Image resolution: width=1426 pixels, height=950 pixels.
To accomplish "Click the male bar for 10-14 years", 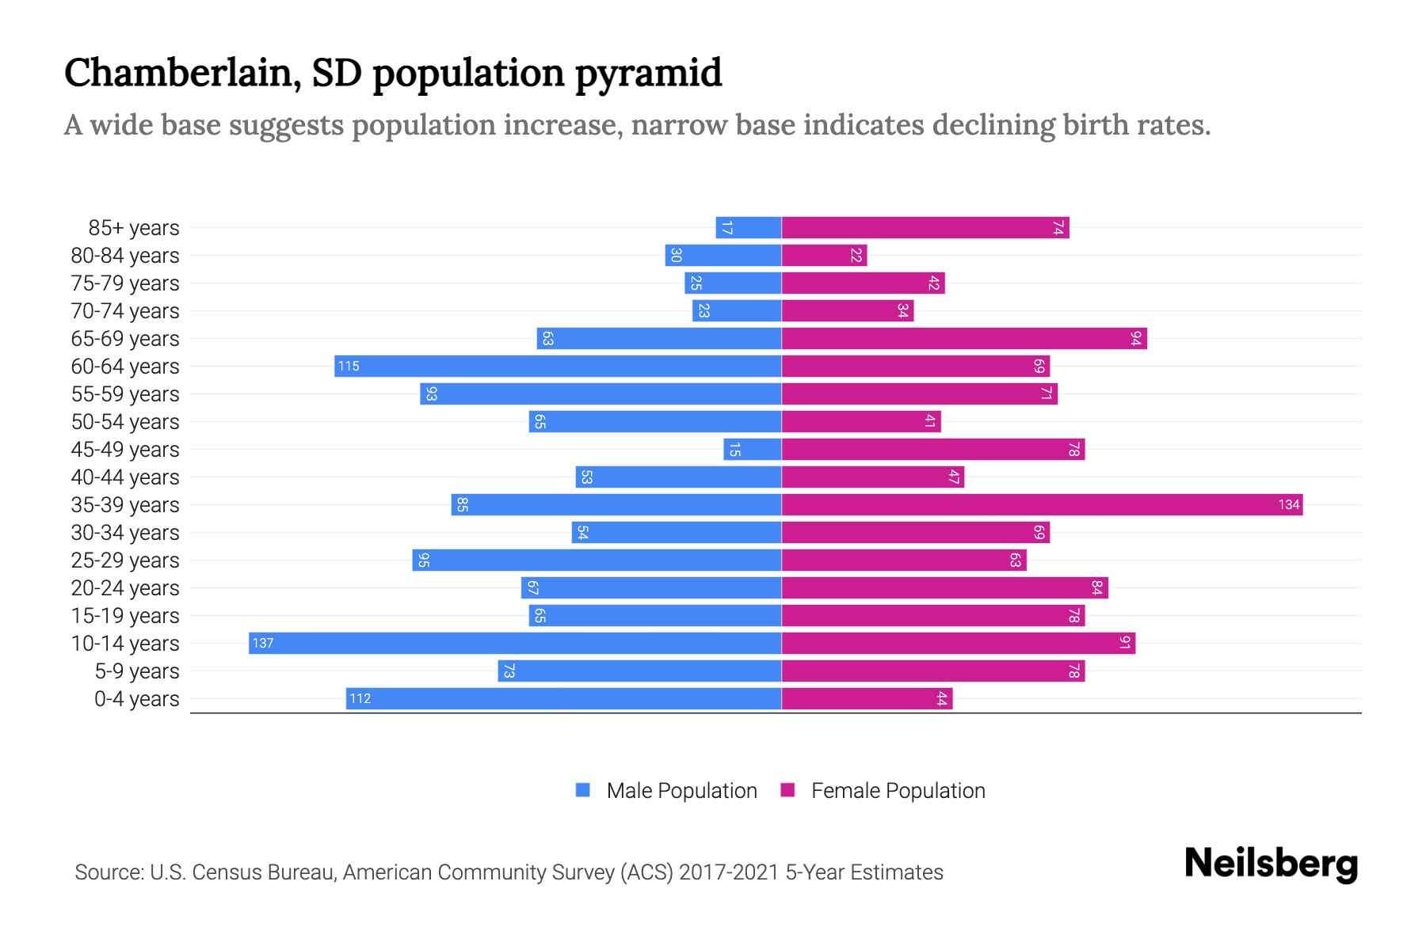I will click(515, 643).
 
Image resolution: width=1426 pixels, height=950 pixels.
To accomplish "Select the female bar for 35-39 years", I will click(1042, 504).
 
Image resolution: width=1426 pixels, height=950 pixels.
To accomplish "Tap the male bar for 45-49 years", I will click(753, 449).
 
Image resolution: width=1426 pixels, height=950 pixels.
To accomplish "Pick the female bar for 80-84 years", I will click(824, 255).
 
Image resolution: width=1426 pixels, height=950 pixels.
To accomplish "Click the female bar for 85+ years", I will click(925, 227).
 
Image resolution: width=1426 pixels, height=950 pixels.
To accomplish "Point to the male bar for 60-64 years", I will click(558, 366).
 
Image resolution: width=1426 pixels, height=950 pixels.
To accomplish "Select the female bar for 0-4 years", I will click(867, 698).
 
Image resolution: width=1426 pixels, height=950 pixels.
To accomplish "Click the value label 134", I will click(1289, 505).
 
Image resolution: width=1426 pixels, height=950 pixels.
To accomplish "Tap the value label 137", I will click(263, 644).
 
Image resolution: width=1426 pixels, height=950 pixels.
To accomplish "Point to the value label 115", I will click(349, 367).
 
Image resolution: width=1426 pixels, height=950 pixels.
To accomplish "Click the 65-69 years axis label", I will click(125, 339).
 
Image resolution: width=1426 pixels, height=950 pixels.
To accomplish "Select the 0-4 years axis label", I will click(136, 699).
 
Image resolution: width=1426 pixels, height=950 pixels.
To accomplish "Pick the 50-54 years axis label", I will click(125, 422).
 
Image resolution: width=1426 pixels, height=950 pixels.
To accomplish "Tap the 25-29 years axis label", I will click(125, 560).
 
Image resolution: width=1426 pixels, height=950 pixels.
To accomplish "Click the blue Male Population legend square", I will click(583, 790).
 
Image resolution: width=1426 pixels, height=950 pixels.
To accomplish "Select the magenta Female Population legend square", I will click(787, 790).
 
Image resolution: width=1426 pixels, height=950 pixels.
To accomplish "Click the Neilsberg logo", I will click(1271, 864).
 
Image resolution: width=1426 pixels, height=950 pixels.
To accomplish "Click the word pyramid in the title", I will click(648, 73).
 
